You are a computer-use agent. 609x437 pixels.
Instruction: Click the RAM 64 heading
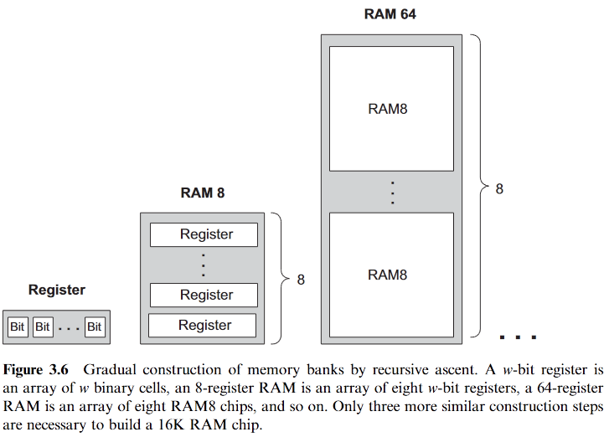(x=390, y=14)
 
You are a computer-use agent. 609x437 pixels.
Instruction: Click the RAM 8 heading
(x=203, y=193)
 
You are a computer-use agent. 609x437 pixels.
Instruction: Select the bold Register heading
(x=57, y=290)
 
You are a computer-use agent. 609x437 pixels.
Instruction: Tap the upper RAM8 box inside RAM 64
(x=391, y=109)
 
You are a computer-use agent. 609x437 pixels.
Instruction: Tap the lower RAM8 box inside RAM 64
(x=391, y=275)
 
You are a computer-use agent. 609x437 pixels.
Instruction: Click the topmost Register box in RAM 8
(x=203, y=235)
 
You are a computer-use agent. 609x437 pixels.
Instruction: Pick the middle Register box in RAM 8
(x=203, y=296)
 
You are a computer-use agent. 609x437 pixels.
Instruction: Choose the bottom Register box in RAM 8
(x=203, y=325)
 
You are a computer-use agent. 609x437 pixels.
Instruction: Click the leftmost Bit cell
(x=18, y=326)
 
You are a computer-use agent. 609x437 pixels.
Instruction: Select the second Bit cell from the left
(x=43, y=326)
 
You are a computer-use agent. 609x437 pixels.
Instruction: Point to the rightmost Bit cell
(x=95, y=326)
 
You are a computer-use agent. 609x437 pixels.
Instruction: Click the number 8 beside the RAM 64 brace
(x=499, y=189)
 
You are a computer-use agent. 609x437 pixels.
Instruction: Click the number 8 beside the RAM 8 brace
(x=302, y=280)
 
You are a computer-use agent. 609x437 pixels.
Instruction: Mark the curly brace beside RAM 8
(x=282, y=279)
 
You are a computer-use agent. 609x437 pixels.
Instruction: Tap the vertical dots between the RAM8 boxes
(x=391, y=192)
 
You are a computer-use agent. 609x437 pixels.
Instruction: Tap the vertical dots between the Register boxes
(x=203, y=265)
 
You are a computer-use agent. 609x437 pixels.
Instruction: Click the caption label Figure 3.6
(x=42, y=369)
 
